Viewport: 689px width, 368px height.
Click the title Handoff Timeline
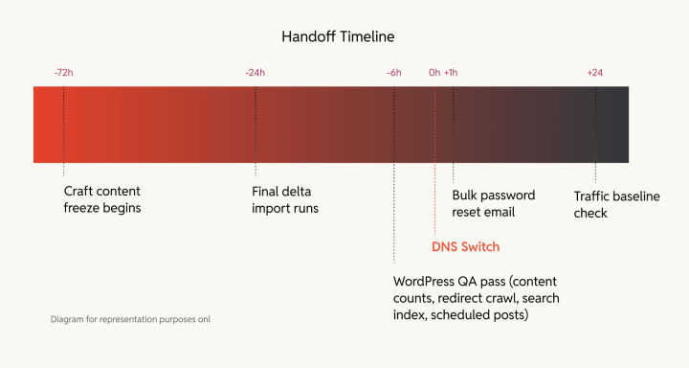click(338, 36)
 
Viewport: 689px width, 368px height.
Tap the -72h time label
click(64, 72)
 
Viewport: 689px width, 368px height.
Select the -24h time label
click(256, 72)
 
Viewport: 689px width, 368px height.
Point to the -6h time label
click(394, 72)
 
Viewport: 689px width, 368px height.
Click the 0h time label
click(434, 72)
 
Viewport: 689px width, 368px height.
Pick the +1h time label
click(451, 72)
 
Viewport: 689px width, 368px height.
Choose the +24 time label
click(595, 72)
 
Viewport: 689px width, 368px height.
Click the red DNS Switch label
click(465, 247)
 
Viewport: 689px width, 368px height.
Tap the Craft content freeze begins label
click(103, 199)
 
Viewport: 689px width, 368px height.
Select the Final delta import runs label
click(286, 199)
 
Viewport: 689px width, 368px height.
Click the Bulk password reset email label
click(494, 203)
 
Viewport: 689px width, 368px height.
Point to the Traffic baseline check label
click(616, 204)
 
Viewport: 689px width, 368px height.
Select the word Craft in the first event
click(79, 192)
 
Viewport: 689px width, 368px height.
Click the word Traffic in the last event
click(594, 196)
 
